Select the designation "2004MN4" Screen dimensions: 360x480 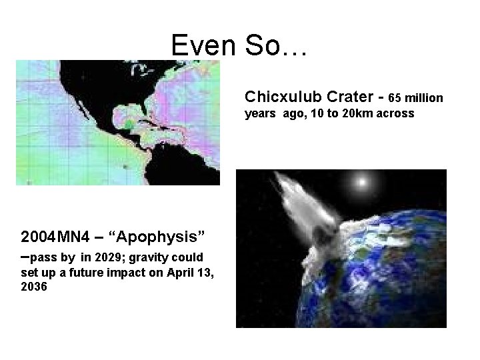click(49, 237)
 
